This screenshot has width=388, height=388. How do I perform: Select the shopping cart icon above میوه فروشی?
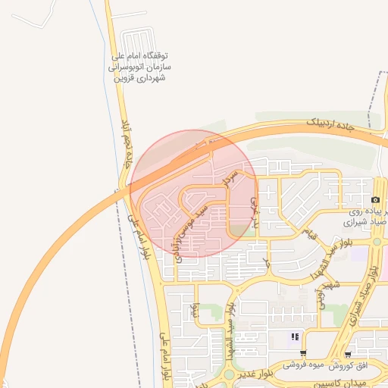(x=302, y=353)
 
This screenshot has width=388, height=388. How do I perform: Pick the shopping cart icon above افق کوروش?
(x=347, y=354)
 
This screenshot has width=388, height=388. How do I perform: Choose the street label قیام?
(x=305, y=230)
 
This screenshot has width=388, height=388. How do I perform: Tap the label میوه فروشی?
(x=302, y=365)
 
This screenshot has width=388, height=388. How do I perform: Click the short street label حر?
(x=267, y=262)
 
